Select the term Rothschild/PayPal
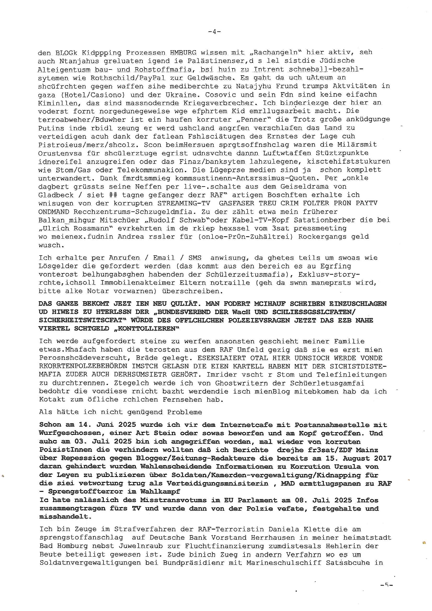click(128, 78)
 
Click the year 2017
click(383, 458)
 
